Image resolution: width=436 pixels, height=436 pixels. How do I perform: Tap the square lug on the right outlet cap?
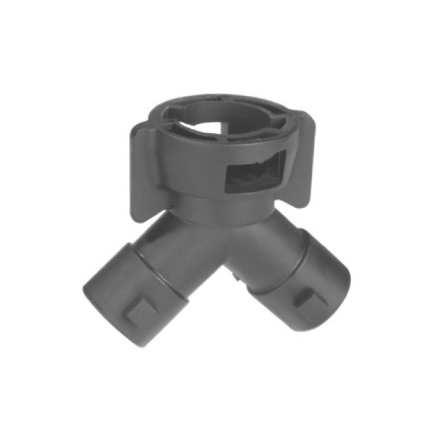pos(308,301)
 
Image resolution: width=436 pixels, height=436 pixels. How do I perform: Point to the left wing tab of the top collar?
pos(141,168)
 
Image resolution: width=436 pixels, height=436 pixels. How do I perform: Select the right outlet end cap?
pos(311,287)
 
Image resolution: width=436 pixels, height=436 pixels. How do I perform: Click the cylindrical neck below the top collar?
pos(212,206)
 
